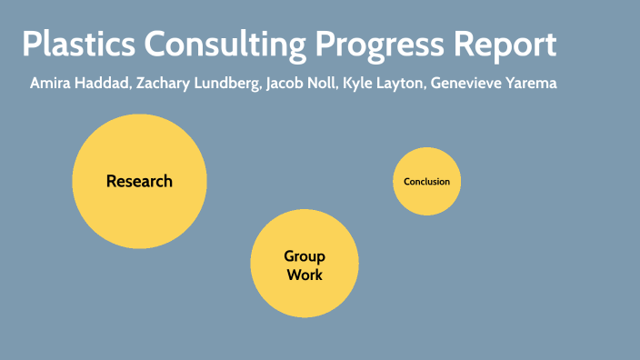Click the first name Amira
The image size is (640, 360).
49,84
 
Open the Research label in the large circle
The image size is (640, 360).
139,181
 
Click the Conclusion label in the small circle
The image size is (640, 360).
427,182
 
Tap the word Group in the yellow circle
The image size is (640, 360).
305,256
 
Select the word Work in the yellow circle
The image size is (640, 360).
305,274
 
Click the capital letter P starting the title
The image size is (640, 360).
30,46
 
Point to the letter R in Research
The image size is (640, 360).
111,181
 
